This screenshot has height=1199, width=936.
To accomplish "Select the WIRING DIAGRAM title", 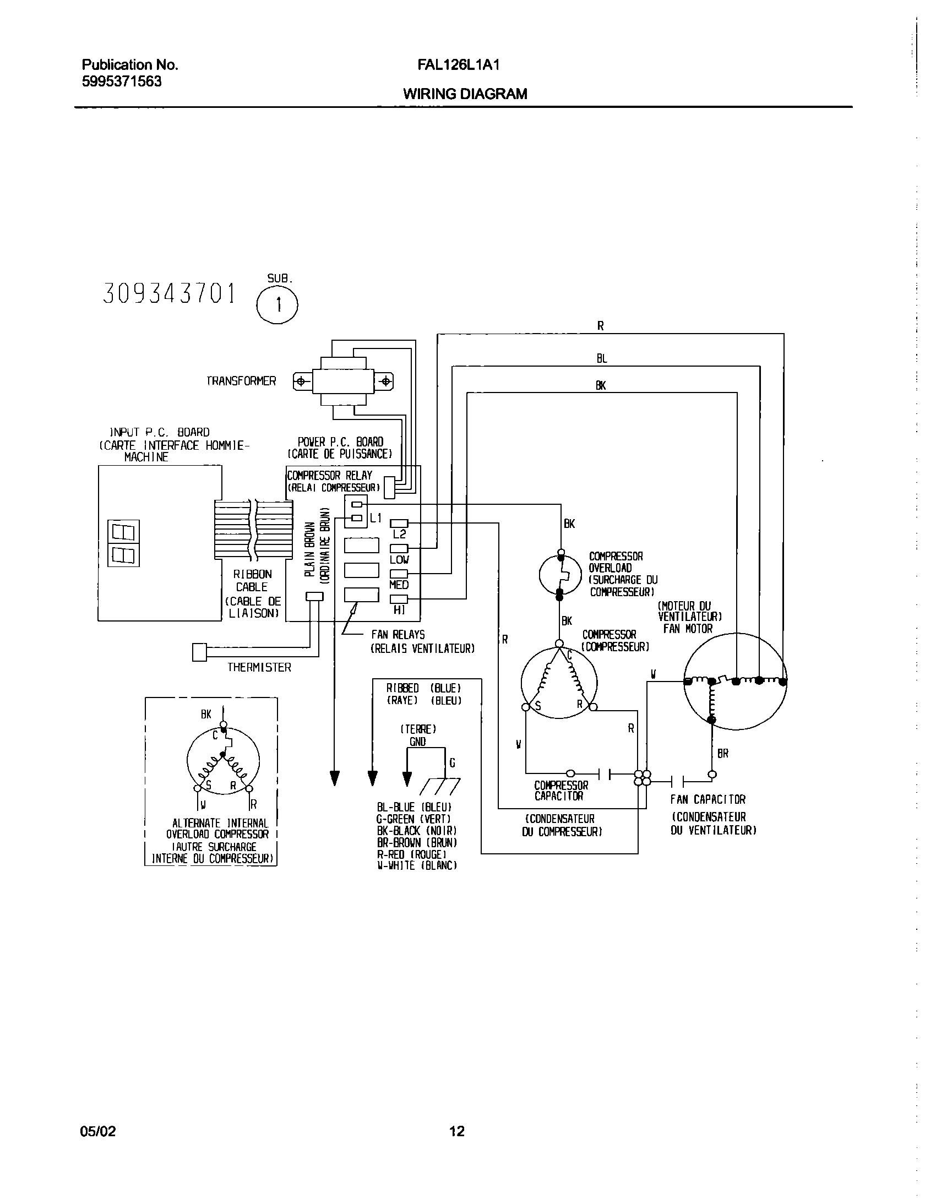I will [x=465, y=94].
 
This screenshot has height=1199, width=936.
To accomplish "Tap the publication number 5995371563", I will [x=122, y=81].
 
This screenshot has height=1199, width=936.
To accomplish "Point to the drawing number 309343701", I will [x=169, y=294].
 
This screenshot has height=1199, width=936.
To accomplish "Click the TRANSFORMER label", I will [x=241, y=381].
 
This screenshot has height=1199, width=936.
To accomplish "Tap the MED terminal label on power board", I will [x=399, y=585].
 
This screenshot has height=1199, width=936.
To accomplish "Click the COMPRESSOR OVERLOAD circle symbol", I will [x=560, y=575].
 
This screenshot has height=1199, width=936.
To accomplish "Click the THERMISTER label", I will [x=259, y=668].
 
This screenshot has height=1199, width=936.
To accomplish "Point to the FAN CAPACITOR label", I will [x=708, y=799].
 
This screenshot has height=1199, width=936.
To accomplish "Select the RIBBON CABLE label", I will [x=252, y=580].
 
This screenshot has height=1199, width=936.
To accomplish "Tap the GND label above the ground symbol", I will [x=417, y=742].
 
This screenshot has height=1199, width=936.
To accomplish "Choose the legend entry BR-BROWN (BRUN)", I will [x=417, y=842].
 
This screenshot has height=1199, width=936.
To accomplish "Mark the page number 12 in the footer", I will [x=457, y=1131].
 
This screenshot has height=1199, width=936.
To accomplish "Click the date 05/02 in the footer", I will [x=98, y=1131].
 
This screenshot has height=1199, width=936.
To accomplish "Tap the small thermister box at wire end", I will [x=199, y=652].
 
